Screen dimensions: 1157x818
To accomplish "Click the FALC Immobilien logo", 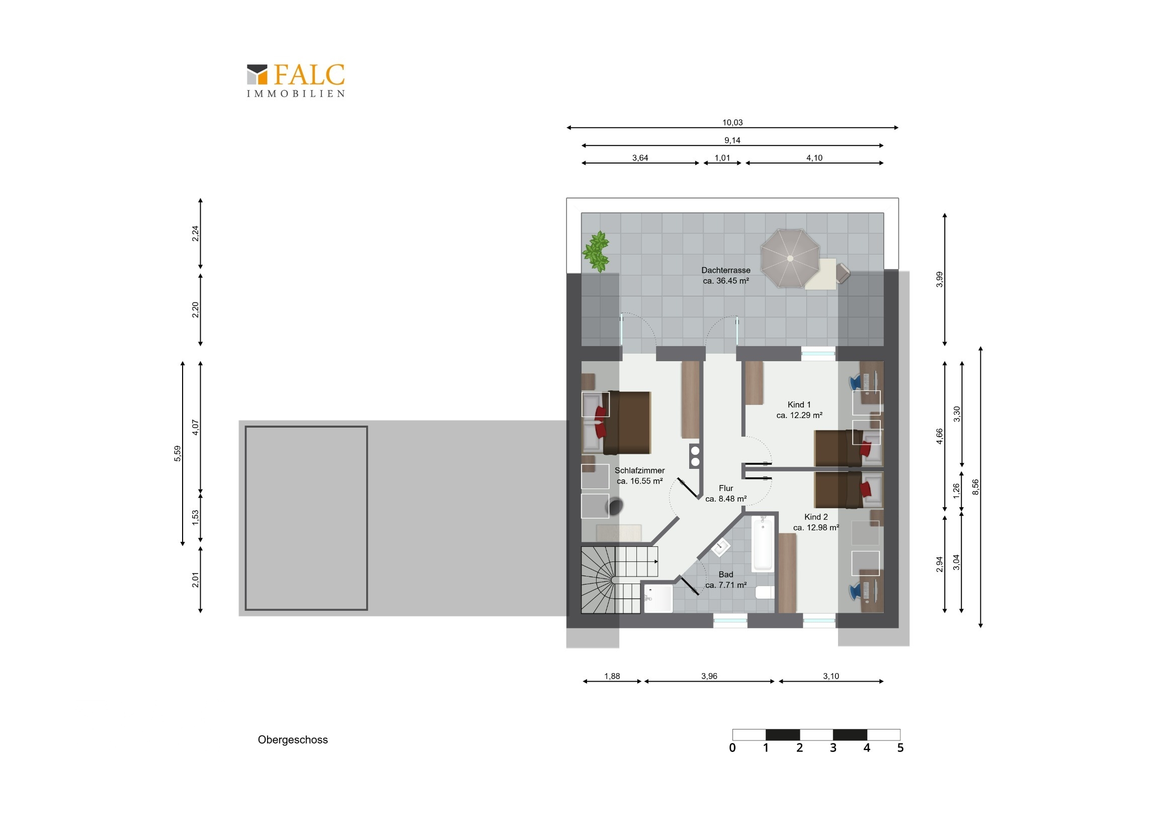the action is click(296, 80).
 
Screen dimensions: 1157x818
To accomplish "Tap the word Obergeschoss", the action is click(293, 740).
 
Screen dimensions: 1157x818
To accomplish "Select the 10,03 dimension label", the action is click(732, 122).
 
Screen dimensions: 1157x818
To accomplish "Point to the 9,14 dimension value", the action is click(732, 140).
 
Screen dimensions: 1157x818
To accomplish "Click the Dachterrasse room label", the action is click(726, 270).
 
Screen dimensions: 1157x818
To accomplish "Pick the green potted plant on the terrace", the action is click(596, 251).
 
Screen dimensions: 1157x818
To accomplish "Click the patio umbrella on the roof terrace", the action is click(790, 258).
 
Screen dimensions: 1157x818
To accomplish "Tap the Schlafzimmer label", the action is click(639, 470).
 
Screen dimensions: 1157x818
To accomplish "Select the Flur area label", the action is click(726, 488).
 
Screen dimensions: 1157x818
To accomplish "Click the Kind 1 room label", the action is click(799, 404).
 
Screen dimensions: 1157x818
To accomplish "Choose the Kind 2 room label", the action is click(816, 517).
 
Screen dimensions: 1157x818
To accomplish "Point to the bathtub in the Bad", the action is click(763, 542).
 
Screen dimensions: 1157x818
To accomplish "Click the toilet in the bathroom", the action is click(765, 592).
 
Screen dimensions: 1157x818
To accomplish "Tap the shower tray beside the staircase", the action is click(658, 598).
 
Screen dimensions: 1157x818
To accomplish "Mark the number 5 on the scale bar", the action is click(900, 748).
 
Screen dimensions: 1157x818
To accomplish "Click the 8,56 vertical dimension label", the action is click(975, 487).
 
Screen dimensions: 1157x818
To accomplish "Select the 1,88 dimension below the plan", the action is click(612, 676).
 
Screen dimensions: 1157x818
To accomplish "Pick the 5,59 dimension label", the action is click(178, 454).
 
